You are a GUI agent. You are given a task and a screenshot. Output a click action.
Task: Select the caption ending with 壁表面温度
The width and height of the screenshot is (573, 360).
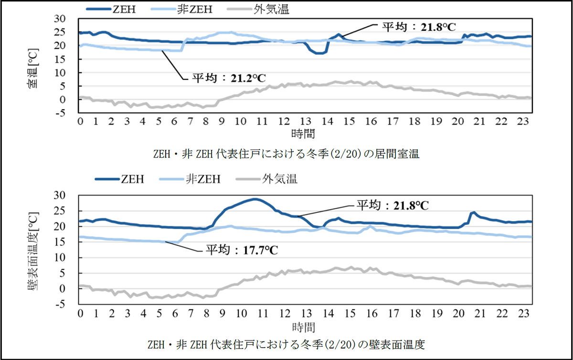(286, 344)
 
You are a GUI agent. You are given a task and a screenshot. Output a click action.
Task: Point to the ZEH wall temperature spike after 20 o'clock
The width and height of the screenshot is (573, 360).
(473, 212)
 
